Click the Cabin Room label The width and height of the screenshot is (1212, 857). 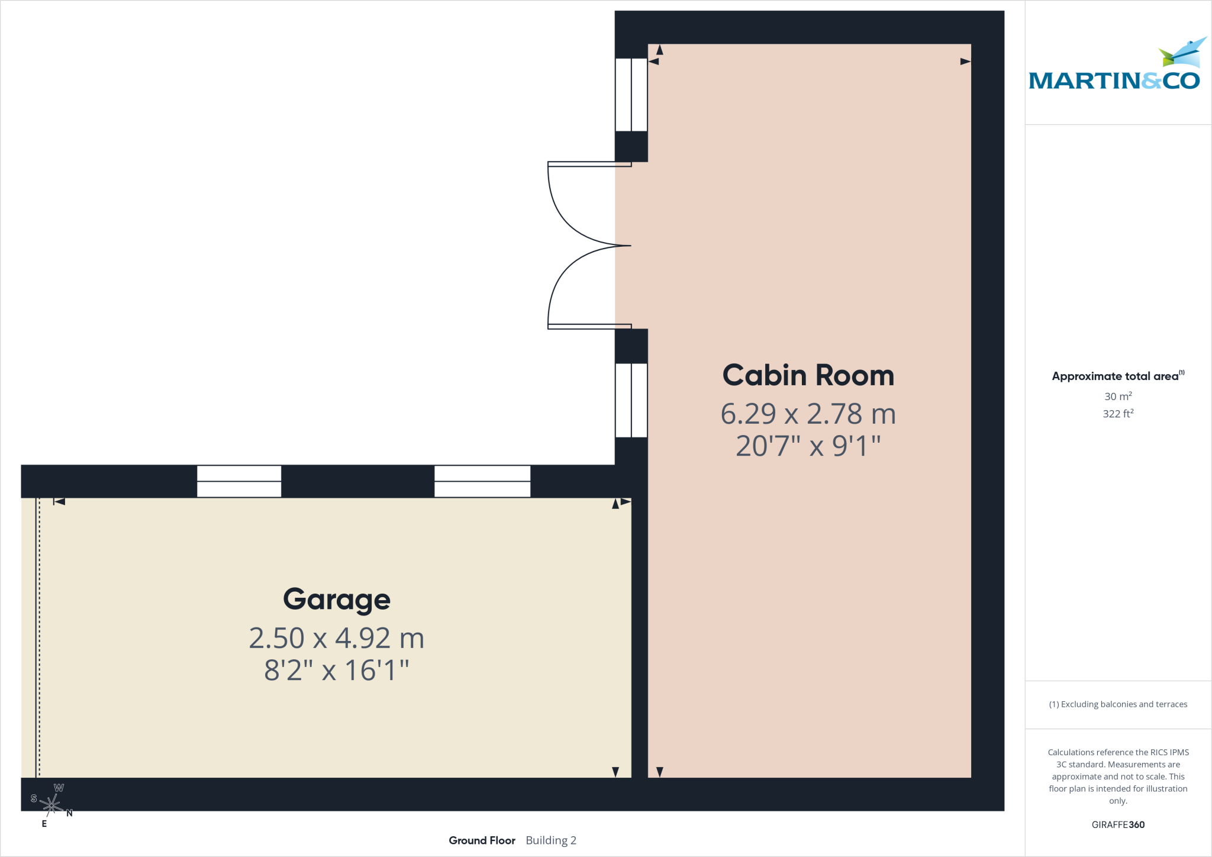click(808, 375)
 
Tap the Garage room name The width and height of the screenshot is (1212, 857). click(337, 600)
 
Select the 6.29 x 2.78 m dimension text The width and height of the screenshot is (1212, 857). click(808, 414)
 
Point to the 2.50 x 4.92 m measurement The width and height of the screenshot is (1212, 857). click(337, 638)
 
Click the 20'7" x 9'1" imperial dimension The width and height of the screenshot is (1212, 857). click(808, 446)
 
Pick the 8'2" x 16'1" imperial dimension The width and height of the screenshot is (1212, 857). click(337, 671)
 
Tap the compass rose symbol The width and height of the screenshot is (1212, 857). click(51, 805)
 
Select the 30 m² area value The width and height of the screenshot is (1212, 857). click(1118, 396)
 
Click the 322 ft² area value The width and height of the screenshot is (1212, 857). click(1118, 413)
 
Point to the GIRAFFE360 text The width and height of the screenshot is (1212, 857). click(1118, 824)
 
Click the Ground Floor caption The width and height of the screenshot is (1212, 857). click(482, 840)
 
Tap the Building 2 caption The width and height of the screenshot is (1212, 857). click(551, 840)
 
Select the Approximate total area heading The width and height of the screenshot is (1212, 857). click(1118, 376)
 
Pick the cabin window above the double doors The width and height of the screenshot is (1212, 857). click(631, 95)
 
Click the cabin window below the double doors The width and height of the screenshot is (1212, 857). click(631, 400)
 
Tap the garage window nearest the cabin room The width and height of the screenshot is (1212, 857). click(482, 481)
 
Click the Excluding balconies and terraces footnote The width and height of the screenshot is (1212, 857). click(1118, 704)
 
